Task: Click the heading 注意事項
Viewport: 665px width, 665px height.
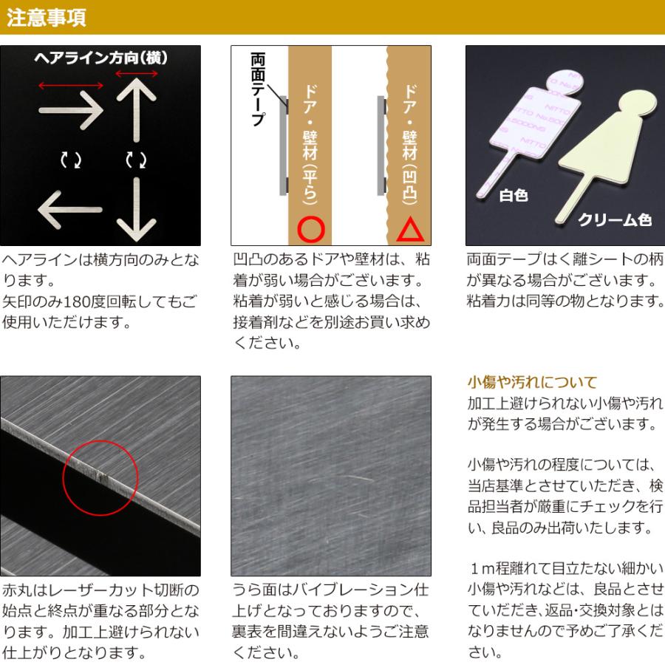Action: tap(47, 18)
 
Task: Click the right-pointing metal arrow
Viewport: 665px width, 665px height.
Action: tap(71, 112)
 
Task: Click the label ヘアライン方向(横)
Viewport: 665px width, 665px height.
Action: tap(100, 58)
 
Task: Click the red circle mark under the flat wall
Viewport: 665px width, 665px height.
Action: tap(311, 229)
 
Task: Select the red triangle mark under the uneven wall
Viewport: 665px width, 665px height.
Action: tap(409, 229)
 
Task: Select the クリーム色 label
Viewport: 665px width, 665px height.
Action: tap(614, 219)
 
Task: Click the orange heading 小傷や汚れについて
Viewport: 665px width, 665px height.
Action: tap(532, 383)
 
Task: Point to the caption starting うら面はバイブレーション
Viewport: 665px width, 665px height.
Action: tap(330, 621)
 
